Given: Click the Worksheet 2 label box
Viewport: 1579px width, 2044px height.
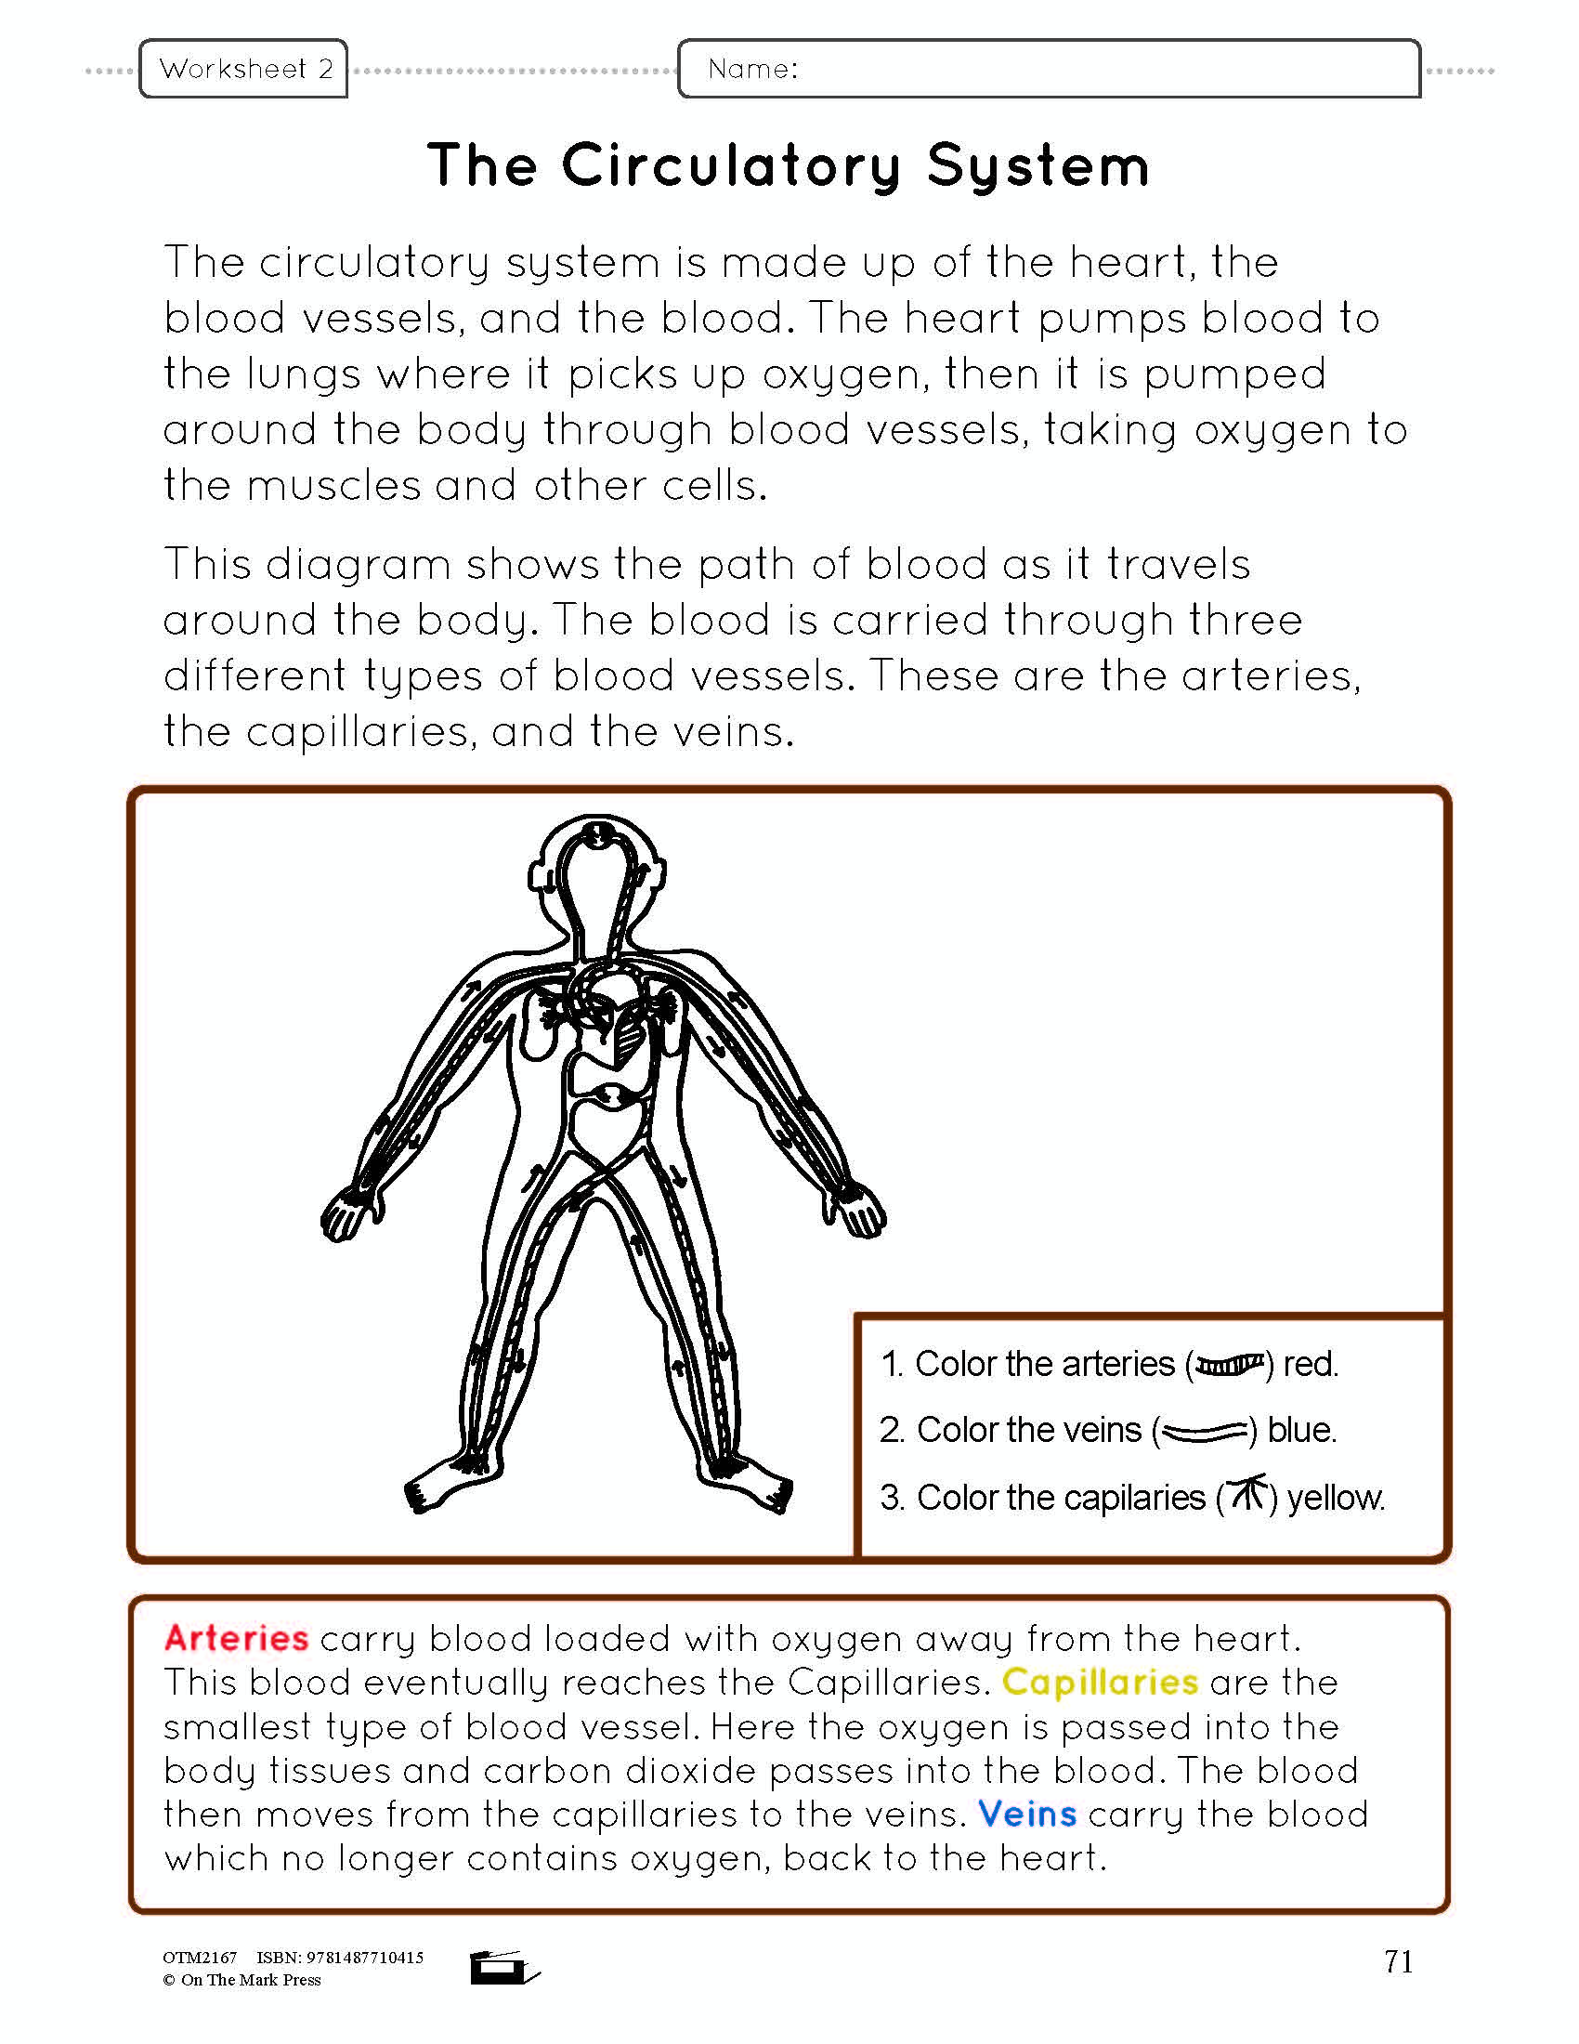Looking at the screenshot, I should click(x=243, y=69).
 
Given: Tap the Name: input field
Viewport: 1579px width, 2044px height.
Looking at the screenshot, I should click(x=1048, y=69).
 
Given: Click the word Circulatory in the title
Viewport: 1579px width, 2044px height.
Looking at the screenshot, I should click(x=731, y=166).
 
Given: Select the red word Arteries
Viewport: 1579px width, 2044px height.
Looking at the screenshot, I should click(x=236, y=1638).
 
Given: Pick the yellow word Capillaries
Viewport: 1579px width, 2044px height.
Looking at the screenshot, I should click(x=1099, y=1682).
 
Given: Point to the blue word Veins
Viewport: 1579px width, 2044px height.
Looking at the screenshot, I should click(x=1027, y=1814).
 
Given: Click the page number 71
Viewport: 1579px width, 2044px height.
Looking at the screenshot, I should click(x=1398, y=1960).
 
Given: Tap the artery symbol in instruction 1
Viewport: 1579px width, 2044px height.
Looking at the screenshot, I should click(x=1230, y=1366).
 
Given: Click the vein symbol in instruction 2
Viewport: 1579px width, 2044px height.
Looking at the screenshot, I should click(x=1205, y=1431).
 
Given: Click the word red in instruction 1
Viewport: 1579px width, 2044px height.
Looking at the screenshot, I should click(x=1310, y=1365).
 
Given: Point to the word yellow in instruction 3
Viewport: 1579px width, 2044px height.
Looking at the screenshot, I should click(x=1335, y=1499).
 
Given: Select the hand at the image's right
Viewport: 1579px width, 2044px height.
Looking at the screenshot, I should click(x=859, y=1212).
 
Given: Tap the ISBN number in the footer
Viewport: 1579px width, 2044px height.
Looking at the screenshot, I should click(x=340, y=1957).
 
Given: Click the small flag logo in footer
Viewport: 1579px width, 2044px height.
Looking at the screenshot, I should click(x=503, y=1967).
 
